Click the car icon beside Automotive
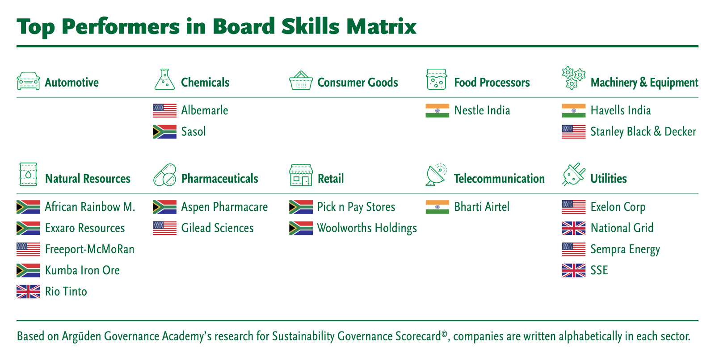(29, 81)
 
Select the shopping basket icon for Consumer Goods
(301, 80)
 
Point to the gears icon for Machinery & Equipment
(574, 78)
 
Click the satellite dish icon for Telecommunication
(436, 175)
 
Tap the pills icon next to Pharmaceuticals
(165, 175)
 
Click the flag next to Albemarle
(165, 110)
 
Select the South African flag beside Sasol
(165, 132)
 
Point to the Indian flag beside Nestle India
(437, 110)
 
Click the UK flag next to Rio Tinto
(29, 292)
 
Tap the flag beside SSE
(574, 271)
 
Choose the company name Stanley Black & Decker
(643, 132)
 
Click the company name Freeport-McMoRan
(90, 249)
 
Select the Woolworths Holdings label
(367, 228)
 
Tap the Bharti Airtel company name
(482, 207)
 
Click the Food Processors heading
(492, 82)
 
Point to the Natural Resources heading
(88, 178)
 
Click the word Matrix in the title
(382, 26)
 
